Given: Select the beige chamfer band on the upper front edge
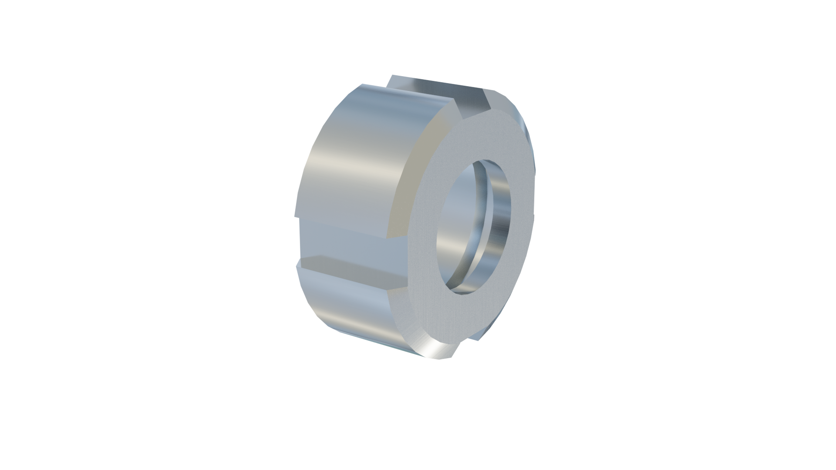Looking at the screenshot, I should point(418,174).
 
